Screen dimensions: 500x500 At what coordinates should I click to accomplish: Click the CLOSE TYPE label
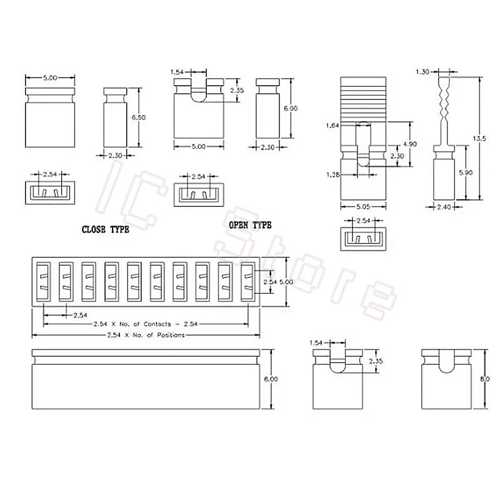coord(106,229)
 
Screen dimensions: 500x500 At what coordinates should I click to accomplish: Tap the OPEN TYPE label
coord(251,225)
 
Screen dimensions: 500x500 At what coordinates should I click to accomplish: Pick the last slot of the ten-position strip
coord(248,282)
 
